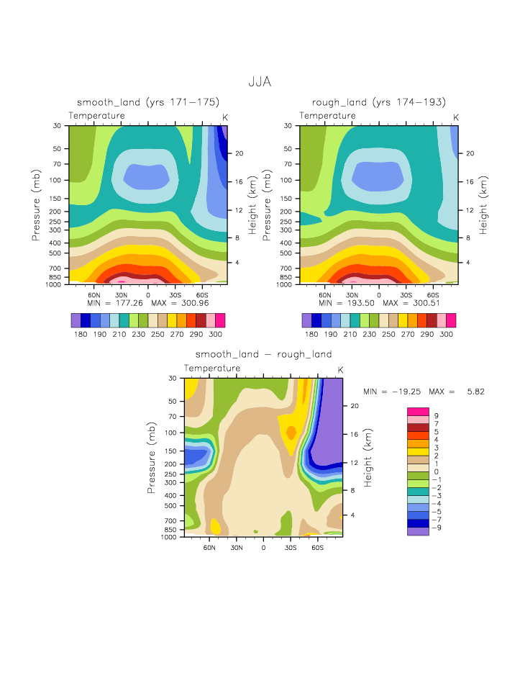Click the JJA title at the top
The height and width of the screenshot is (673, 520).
point(260,82)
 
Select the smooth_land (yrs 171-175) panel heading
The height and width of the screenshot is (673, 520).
point(148,102)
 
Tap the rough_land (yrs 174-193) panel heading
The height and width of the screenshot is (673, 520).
point(378,102)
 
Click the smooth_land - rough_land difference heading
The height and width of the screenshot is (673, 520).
point(264,354)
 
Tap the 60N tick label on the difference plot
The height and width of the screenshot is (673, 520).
point(210,547)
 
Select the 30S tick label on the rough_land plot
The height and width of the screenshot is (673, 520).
point(406,295)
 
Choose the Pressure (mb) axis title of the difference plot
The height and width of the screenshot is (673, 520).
point(152,458)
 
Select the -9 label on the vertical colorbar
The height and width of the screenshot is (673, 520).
point(435,528)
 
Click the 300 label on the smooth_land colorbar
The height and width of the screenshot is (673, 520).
point(216,335)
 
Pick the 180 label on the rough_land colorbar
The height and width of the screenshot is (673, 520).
point(311,335)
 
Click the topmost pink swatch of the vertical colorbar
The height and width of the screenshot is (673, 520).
point(418,411)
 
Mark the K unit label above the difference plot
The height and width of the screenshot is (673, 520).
point(340,370)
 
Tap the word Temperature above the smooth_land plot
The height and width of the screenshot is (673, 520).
point(97,116)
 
